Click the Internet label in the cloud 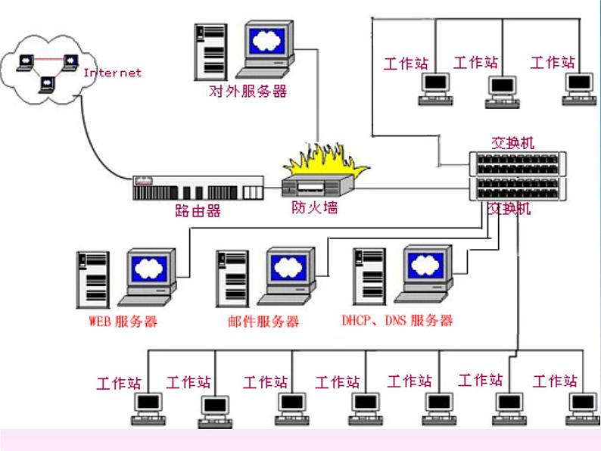112,73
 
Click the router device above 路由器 198,188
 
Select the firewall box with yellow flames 319,182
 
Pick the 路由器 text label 198,211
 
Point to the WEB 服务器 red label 123,321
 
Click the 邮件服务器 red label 263,321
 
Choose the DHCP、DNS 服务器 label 397,320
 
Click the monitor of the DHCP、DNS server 428,270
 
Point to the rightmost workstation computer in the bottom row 581,407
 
